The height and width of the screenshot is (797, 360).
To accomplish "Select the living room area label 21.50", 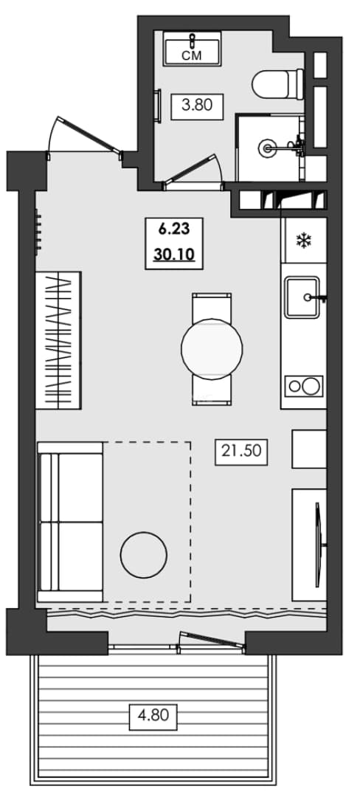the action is (x=241, y=450).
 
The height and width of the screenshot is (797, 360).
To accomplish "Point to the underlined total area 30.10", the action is (x=174, y=254).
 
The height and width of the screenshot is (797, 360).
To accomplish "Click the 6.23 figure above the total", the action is (x=174, y=230).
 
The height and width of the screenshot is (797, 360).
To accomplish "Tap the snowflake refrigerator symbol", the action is (x=304, y=240).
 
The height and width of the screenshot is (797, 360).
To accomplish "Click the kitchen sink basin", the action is (x=302, y=297).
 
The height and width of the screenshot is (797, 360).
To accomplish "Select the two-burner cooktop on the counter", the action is (x=304, y=386).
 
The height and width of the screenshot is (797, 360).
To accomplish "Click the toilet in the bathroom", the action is (x=277, y=84).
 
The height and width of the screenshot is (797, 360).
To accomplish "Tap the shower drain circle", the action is (x=266, y=148).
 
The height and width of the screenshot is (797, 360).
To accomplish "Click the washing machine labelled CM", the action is (x=192, y=48).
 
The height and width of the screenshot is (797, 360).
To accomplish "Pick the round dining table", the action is (x=212, y=348).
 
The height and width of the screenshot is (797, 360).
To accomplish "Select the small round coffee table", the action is (x=144, y=554).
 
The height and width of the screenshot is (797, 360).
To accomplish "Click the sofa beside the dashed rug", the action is (x=70, y=522).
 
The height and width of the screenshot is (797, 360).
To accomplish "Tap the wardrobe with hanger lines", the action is (x=58, y=340).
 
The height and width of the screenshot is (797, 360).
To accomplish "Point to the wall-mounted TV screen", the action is (x=319, y=545).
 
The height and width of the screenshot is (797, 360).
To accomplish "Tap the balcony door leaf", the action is (x=212, y=639).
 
